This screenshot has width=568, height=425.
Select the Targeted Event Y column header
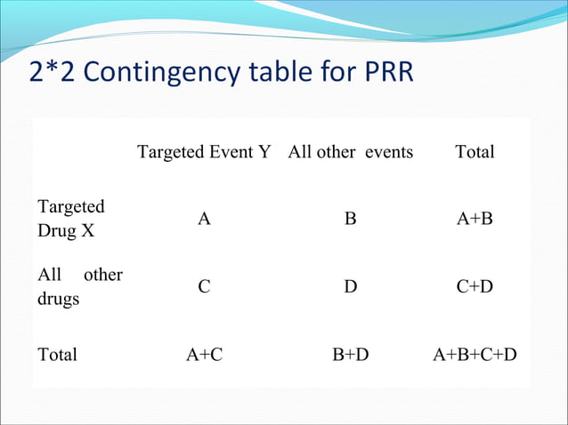[x=204, y=152]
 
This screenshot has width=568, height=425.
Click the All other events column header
[x=351, y=152]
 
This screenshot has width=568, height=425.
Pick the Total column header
[x=475, y=152]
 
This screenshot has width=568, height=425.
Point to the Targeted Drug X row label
[x=70, y=219]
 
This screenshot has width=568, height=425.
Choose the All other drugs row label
[x=79, y=286]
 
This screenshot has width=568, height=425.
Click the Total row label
[x=57, y=355]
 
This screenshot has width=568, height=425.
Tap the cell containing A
[x=204, y=220]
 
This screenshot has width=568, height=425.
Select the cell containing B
[x=351, y=220]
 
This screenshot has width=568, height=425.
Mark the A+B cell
[x=475, y=220]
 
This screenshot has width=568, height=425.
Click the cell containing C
[x=204, y=287]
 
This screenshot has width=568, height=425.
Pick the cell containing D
[x=351, y=287]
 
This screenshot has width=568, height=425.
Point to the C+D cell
[x=475, y=287]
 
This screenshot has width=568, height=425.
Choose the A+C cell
[x=204, y=355]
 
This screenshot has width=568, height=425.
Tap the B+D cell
[x=351, y=355]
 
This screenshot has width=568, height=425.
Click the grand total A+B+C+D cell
[x=475, y=355]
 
